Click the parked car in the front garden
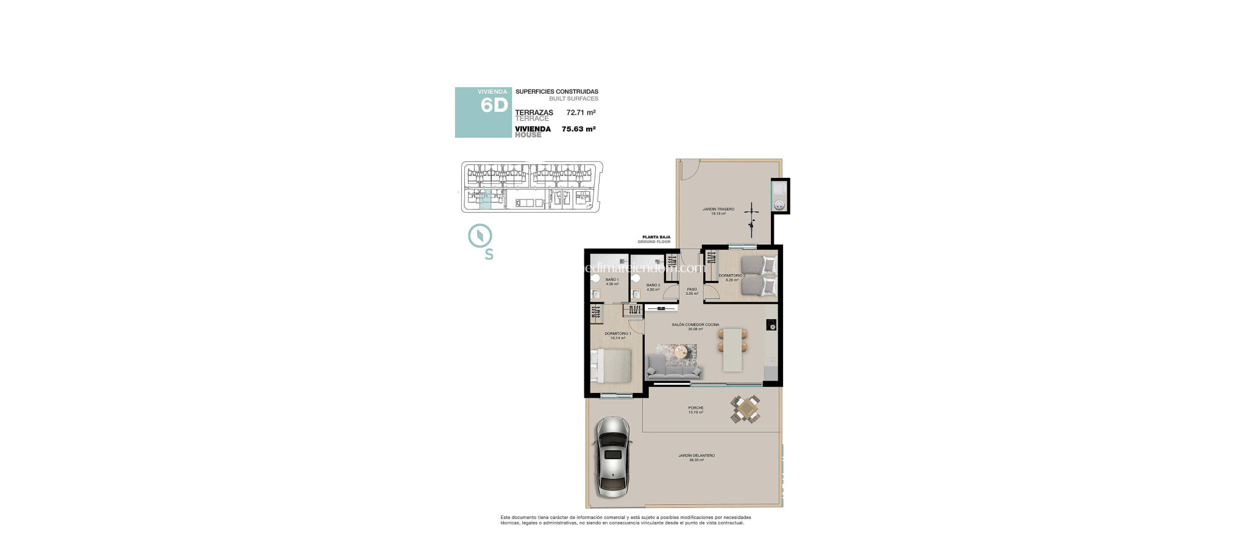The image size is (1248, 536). pyautogui.click(x=612, y=457)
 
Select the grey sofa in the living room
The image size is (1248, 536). pyautogui.click(x=674, y=367)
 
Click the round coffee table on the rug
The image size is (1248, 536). pyautogui.click(x=682, y=351)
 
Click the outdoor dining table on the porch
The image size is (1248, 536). pyautogui.click(x=745, y=409)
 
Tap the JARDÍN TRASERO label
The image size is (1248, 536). pyautogui.click(x=718, y=210)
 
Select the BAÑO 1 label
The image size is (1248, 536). pyautogui.click(x=612, y=280)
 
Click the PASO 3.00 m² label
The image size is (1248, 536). pyautogui.click(x=692, y=291)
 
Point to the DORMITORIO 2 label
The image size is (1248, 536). pyautogui.click(x=731, y=276)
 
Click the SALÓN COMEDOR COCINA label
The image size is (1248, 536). pyautogui.click(x=695, y=325)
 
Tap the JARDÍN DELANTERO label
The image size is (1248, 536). pyautogui.click(x=697, y=456)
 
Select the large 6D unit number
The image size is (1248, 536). pyautogui.click(x=494, y=105)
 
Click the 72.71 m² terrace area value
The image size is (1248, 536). pyautogui.click(x=581, y=113)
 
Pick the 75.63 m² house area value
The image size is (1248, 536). pyautogui.click(x=578, y=129)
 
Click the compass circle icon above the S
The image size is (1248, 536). pyautogui.click(x=480, y=236)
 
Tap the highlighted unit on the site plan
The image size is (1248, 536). pyautogui.click(x=485, y=199)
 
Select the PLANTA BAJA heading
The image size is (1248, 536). pyautogui.click(x=656, y=237)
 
